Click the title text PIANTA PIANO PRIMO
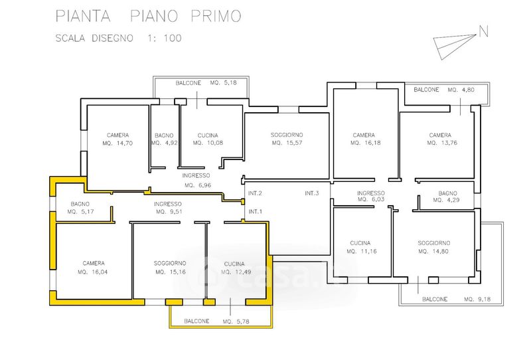(148, 15)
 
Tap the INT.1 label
(256, 212)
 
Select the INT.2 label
(256, 193)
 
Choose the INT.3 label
(313, 193)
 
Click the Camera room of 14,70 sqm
(117, 139)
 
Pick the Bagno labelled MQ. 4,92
(163, 139)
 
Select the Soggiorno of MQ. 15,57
(287, 139)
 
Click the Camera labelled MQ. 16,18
(364, 139)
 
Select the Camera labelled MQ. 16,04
(94, 267)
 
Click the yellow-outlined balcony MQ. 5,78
(220, 321)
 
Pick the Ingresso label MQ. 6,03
(370, 196)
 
